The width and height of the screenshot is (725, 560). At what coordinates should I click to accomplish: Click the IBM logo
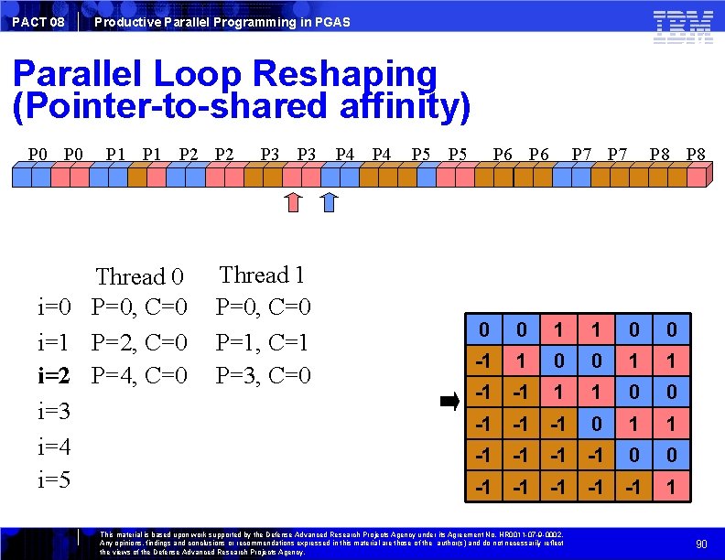click(x=683, y=26)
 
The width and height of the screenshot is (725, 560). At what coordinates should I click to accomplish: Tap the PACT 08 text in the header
click(x=38, y=21)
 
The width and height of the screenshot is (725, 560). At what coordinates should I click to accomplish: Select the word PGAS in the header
click(x=332, y=21)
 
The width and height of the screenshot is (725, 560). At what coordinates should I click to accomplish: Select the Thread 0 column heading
click(x=139, y=275)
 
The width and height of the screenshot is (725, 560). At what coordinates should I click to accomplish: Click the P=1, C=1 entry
click(x=263, y=342)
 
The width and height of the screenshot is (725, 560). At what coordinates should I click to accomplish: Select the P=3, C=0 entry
click(x=263, y=376)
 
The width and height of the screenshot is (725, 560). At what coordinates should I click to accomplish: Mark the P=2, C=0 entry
click(x=139, y=343)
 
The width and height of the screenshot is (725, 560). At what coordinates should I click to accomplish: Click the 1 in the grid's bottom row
click(x=671, y=489)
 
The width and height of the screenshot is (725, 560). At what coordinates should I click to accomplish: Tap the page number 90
click(x=701, y=544)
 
